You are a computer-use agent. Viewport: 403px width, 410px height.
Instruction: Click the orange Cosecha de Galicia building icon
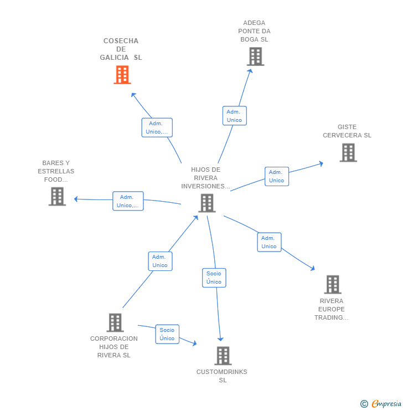[x=122, y=75]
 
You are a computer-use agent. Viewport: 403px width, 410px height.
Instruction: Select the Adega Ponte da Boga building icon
[x=255, y=57]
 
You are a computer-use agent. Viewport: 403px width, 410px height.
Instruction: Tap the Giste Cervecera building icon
[x=348, y=152]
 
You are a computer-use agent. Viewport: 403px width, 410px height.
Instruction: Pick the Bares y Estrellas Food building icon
[x=57, y=196]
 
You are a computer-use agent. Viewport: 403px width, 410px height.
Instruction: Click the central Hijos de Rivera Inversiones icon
[x=206, y=203]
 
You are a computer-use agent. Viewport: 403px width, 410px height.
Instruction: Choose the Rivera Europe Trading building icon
[x=332, y=284]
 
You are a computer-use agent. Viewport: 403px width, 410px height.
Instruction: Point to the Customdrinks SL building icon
[x=223, y=356]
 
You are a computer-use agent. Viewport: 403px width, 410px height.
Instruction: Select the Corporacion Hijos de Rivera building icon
[x=115, y=322]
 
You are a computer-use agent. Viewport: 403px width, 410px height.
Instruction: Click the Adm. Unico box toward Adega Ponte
[x=234, y=116]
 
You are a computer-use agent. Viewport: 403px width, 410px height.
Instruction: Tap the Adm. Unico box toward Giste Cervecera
[x=276, y=176]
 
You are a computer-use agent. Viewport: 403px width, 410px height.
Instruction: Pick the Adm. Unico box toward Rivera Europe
[x=269, y=242]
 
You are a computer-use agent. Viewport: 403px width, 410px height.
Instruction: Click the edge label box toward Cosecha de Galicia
[x=157, y=127]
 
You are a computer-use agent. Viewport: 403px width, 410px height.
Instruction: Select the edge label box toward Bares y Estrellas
[x=128, y=201]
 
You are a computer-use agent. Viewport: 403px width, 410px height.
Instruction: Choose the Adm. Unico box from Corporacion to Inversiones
[x=160, y=261]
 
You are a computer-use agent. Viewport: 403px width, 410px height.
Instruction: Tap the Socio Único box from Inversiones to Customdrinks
[x=214, y=278]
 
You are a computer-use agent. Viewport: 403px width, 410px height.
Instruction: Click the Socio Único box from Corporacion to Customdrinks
[x=167, y=334]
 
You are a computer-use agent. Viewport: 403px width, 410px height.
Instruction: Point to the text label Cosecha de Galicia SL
[x=121, y=49]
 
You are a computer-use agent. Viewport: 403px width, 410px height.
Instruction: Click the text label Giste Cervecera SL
[x=347, y=131]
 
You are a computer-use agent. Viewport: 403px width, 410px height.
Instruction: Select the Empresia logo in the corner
[x=381, y=404]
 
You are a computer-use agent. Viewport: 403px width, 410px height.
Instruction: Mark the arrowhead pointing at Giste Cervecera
[x=321, y=163]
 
